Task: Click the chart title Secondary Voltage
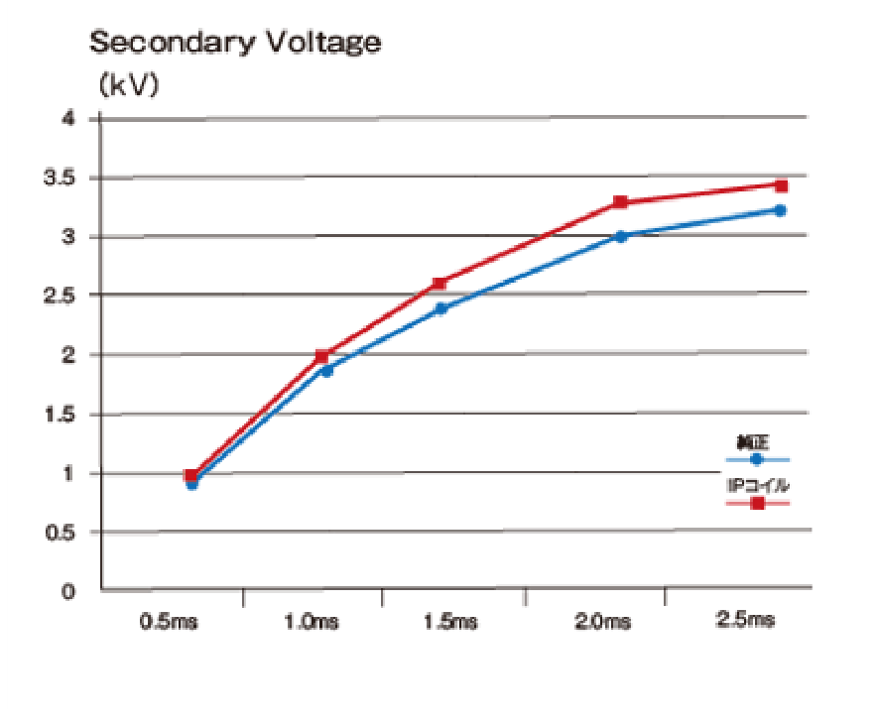pos(235,43)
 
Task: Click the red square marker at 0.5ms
pos(191,476)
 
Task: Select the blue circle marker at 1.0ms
pos(326,370)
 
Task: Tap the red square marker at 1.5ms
pos(440,284)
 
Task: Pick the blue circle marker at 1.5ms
pos(441,308)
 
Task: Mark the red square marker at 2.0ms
pos(621,202)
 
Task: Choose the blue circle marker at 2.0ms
pos(621,236)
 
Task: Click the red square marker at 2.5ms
pos(782,185)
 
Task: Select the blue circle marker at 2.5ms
pos(781,210)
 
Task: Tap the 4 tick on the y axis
pos(68,119)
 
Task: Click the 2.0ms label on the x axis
pos(602,622)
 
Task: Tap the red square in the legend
pos(758,503)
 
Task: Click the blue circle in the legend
pos(757,459)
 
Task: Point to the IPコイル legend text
pos(758,486)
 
